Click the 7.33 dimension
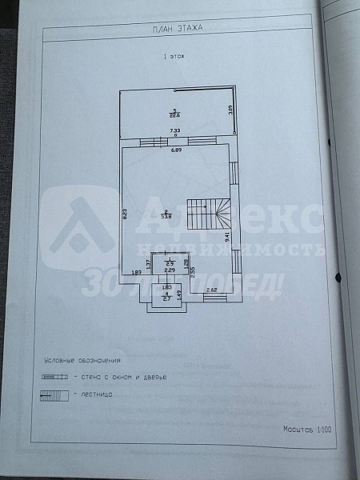pyautogui.click(x=174, y=130)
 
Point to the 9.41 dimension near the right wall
pyautogui.click(x=227, y=237)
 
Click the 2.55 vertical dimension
pyautogui.click(x=193, y=272)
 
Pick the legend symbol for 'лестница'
pyautogui.click(x=54, y=394)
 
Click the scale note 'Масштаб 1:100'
pyautogui.click(x=307, y=429)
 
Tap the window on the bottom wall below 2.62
pyautogui.click(x=214, y=298)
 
